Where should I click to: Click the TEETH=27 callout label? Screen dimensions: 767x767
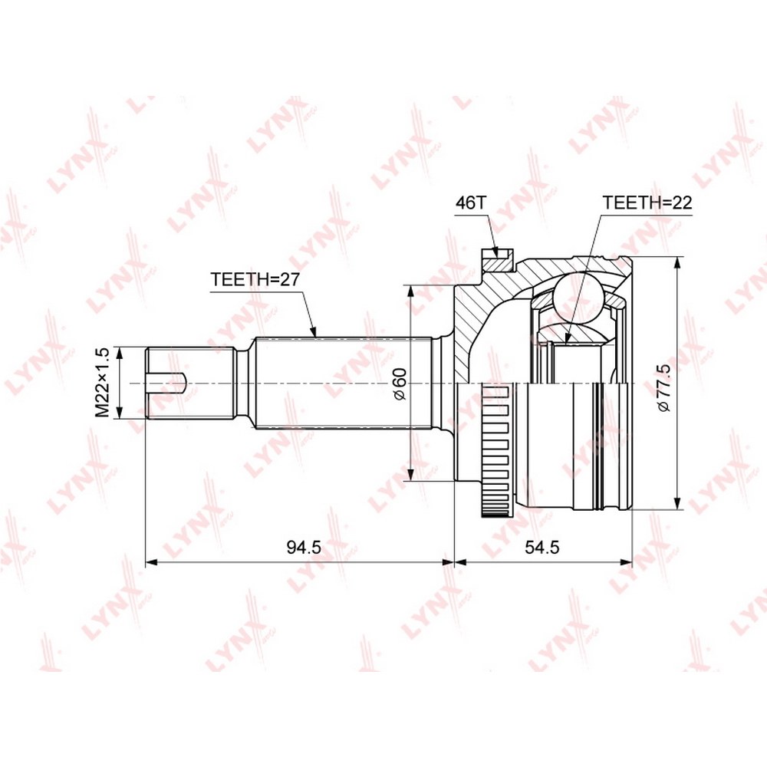[255, 280]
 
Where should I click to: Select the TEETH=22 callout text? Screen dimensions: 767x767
[647, 202]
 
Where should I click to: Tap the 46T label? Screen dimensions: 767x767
[471, 202]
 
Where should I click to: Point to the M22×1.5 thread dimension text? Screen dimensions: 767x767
[102, 383]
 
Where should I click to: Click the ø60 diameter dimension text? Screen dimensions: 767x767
[400, 384]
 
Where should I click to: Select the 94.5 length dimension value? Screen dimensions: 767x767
[304, 548]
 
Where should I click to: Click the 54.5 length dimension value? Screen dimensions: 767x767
[542, 548]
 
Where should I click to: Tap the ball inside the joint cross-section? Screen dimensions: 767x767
[578, 297]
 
